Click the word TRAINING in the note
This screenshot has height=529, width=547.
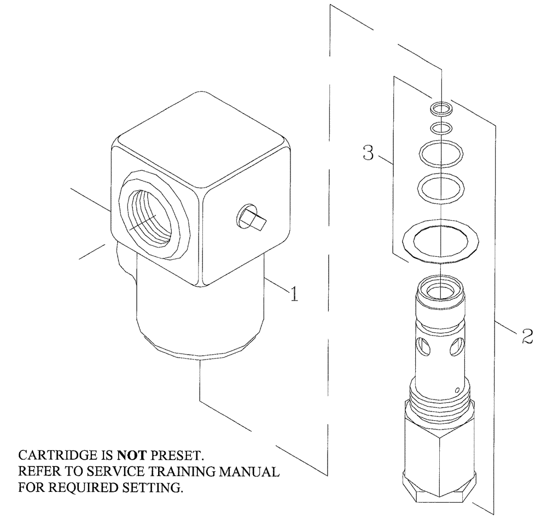click(x=171, y=471)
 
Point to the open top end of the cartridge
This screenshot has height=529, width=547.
click(x=440, y=287)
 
